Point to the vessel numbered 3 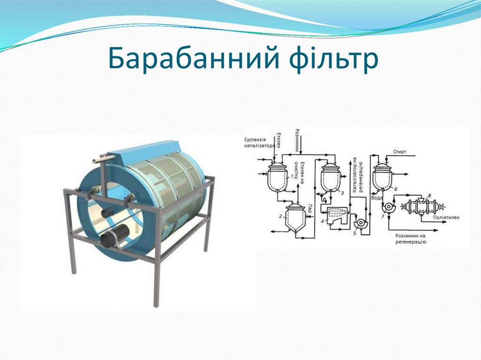tap(331, 178)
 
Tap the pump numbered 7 tap(389, 207)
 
